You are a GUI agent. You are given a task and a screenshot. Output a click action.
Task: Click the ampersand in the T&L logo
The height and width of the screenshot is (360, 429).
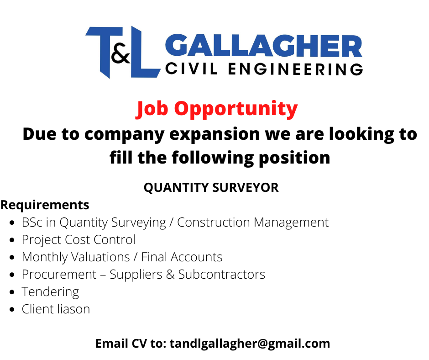coord(120,53)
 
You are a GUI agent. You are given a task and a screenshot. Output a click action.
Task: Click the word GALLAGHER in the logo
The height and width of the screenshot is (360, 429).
coord(264,46)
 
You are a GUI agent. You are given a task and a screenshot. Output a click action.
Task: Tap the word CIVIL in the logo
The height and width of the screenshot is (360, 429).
coord(192,69)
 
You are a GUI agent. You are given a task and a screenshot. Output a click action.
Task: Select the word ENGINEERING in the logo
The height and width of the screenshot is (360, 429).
coord(295,69)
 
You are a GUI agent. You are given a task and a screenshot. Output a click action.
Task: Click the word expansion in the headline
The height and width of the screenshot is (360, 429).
coord(214,134)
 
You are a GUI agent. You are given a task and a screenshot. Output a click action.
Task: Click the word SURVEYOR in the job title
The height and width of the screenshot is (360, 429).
coord(246,188)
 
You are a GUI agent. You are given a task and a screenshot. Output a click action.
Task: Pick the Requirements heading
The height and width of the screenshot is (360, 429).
coord(45,205)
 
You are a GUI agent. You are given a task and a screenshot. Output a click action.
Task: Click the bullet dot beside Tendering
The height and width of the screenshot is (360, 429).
coord(12,292)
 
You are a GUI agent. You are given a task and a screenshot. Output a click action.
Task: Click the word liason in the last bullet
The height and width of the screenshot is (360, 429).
coord(73,309)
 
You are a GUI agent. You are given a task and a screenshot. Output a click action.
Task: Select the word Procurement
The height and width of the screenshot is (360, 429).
coord(59,275)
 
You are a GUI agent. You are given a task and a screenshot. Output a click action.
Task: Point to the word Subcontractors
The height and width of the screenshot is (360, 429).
coord(222,275)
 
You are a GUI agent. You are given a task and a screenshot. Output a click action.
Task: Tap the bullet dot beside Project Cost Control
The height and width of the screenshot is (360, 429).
coord(12,240)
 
